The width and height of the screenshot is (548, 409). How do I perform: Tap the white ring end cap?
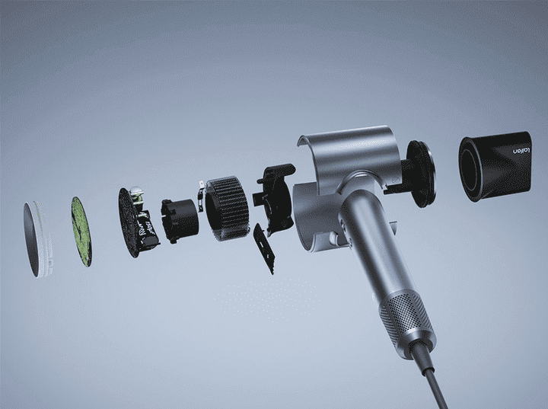tap(38, 239)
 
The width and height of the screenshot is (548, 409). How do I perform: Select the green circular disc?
tap(81, 232)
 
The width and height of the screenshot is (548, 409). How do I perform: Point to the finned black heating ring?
tap(227, 208)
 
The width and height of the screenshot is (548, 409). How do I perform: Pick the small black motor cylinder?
tap(180, 221)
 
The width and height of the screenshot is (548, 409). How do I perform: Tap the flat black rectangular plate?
tap(264, 248)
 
